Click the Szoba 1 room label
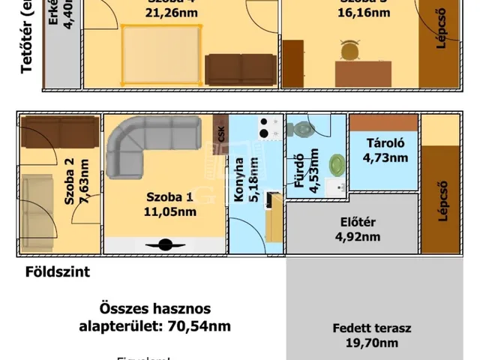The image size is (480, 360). point(170,197)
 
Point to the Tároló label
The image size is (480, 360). point(385,143)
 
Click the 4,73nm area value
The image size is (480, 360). point(385,157)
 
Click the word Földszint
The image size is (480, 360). point(57,272)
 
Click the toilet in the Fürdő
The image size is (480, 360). point(304,129)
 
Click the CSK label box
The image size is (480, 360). point(220,133)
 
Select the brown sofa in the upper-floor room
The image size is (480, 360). point(240,69)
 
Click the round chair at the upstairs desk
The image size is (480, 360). point(349,49)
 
